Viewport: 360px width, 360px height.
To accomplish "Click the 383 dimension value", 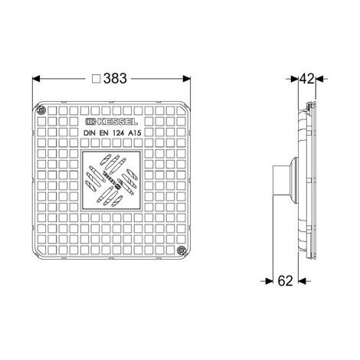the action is pos(115,78).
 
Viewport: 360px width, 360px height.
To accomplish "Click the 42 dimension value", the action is pos(307,79).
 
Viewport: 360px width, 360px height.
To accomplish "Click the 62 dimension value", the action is pos(285,281).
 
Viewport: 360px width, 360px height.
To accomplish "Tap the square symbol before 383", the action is pos(97,79).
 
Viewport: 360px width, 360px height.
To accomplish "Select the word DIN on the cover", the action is pos(90,133).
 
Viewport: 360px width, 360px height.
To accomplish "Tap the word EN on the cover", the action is pos(103,133).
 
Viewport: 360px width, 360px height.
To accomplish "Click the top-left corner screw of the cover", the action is pos(41,111).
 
